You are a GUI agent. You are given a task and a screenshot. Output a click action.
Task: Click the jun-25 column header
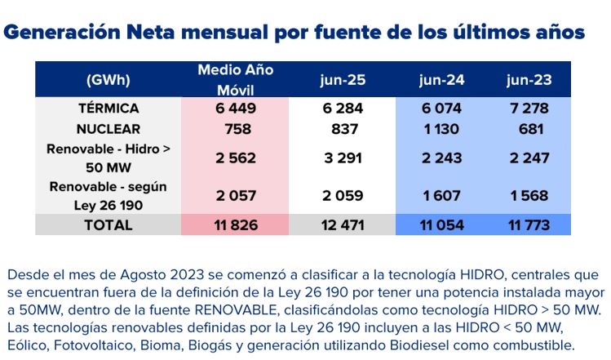pos(342,80)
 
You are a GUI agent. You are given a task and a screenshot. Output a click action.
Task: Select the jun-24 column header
pos(441,80)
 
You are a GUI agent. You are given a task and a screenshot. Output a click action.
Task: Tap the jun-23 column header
pos(528,80)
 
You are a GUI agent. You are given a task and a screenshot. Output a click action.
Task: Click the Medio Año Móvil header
pos(235,79)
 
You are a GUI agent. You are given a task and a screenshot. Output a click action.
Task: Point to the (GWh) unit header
pos(108,80)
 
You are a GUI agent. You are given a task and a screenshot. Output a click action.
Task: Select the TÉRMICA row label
pos(108,109)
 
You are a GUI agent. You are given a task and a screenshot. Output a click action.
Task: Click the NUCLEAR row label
pos(108,129)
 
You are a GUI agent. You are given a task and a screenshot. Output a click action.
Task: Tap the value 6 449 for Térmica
pos(235,109)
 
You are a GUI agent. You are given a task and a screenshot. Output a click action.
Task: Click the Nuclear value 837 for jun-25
pos(342,129)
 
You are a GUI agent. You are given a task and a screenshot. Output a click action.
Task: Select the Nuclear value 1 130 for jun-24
pos(441,129)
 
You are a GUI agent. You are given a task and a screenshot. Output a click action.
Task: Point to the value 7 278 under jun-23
pos(528,109)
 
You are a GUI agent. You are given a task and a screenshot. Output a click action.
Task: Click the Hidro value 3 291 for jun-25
pos(342,158)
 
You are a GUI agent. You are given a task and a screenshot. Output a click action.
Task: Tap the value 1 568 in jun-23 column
pos(528,196)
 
